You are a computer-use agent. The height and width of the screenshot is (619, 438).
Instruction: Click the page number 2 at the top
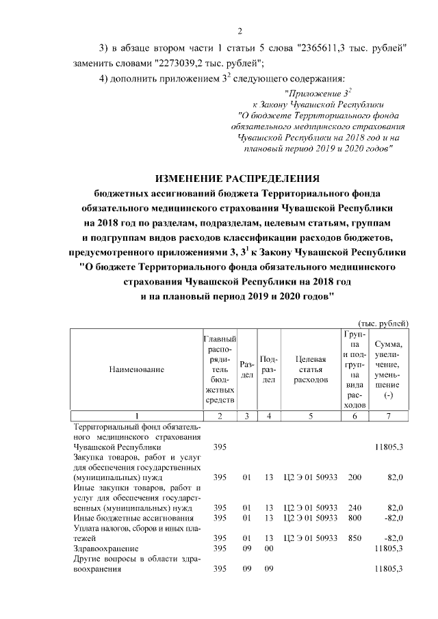[x=240, y=29]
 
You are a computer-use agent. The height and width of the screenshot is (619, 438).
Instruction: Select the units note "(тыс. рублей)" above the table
[x=383, y=323]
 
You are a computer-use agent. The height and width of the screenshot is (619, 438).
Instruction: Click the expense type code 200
[x=354, y=477]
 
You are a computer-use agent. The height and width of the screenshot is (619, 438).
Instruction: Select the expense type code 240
[x=354, y=508]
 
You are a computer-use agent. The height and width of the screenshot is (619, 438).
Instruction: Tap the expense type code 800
[x=354, y=518]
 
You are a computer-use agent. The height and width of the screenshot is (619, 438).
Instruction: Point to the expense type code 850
[x=354, y=538]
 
